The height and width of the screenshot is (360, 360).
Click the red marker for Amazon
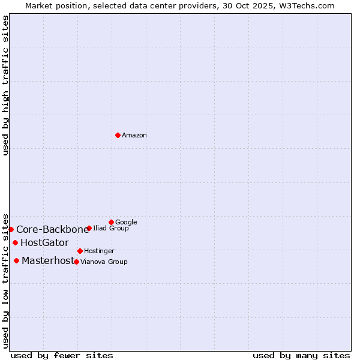point(118,135)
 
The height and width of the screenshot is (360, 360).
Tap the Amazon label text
point(134,136)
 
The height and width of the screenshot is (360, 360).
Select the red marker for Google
point(111,222)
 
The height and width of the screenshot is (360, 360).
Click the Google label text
point(126,223)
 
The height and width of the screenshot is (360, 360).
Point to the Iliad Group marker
point(89,228)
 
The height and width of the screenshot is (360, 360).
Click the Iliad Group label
point(111,229)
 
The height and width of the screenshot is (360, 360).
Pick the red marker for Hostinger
point(80,251)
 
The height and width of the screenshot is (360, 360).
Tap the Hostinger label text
point(99,251)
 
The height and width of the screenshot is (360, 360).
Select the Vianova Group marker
point(76,262)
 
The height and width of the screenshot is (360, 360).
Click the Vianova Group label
point(104,262)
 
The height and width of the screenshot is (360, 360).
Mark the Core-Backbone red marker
point(11,229)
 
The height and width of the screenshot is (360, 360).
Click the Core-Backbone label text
point(52,230)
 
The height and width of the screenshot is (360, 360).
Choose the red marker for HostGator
point(15,242)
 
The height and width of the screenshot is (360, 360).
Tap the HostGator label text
point(44,243)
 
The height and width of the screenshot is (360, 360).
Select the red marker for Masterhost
point(16,260)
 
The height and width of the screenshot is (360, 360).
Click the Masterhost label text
point(48,261)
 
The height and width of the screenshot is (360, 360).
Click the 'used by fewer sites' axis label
point(62,356)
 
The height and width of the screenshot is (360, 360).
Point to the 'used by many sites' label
point(301,356)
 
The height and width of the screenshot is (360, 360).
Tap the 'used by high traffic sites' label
point(6,85)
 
